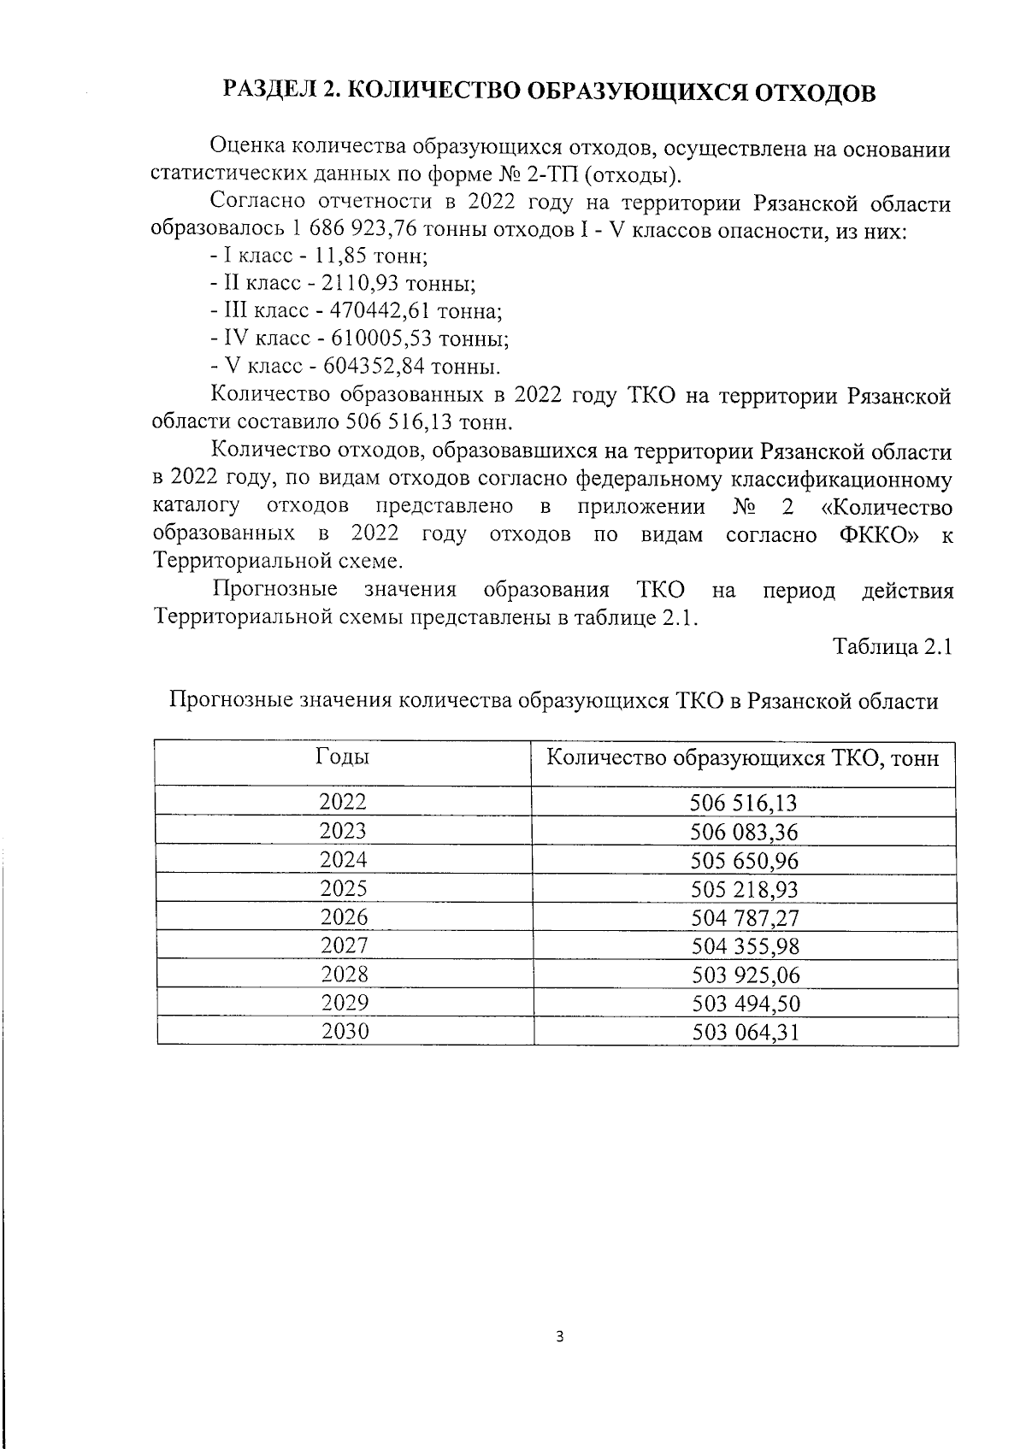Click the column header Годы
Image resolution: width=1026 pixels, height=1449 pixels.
pyautogui.click(x=343, y=757)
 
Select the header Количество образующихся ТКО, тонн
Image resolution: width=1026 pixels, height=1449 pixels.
pyautogui.click(x=742, y=758)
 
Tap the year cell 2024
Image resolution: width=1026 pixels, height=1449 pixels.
pyautogui.click(x=343, y=859)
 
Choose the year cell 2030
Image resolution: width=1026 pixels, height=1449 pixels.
pyautogui.click(x=345, y=1031)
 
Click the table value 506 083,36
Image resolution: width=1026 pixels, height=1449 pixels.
pyautogui.click(x=743, y=832)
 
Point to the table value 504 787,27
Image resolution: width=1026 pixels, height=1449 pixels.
pyautogui.click(x=743, y=918)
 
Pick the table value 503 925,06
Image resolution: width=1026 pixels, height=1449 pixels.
pyautogui.click(x=743, y=975)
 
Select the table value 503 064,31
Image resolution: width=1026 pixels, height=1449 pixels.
pyautogui.click(x=743, y=1033)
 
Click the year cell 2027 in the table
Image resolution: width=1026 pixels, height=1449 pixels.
pyautogui.click(x=344, y=945)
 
